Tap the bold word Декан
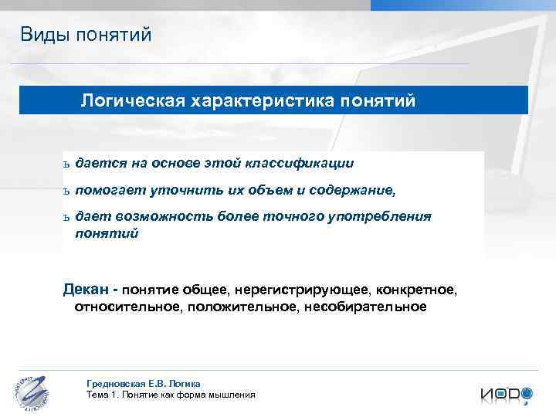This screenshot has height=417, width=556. (x=85, y=290)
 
